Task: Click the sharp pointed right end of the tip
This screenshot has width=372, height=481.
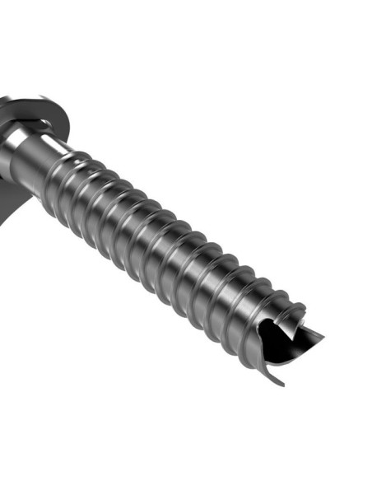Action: tap(322, 335)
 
